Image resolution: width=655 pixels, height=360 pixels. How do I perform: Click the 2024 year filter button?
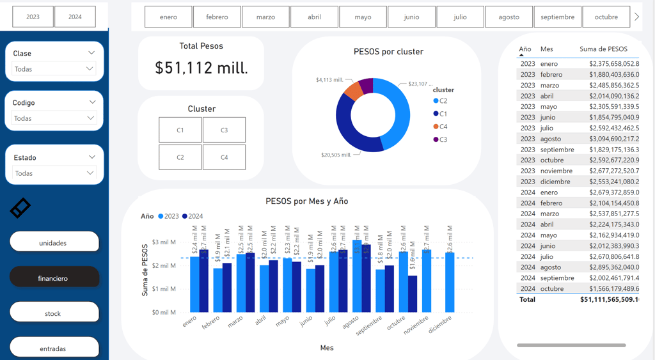point(75,17)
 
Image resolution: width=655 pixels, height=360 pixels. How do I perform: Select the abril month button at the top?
point(314,17)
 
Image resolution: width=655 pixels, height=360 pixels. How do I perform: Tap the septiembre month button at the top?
point(557,17)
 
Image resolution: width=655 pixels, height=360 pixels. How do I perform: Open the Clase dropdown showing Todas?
point(54,69)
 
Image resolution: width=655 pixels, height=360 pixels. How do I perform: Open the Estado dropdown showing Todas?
point(54,173)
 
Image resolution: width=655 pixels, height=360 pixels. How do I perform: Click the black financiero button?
point(54,278)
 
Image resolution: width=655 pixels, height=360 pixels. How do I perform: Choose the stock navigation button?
point(54,313)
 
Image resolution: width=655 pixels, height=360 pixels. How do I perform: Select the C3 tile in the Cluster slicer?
point(224,130)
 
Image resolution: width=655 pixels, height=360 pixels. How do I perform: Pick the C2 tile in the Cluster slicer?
point(180,157)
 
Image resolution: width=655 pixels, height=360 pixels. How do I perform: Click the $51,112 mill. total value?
point(201,68)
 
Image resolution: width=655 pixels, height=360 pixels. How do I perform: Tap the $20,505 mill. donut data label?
point(336,155)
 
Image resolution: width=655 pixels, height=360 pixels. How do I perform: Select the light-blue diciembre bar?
point(450,281)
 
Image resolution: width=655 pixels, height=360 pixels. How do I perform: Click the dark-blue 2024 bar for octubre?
point(413,294)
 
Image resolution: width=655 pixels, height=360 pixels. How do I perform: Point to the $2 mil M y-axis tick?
point(163,265)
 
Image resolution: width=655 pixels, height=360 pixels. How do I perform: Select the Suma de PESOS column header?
point(603,49)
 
